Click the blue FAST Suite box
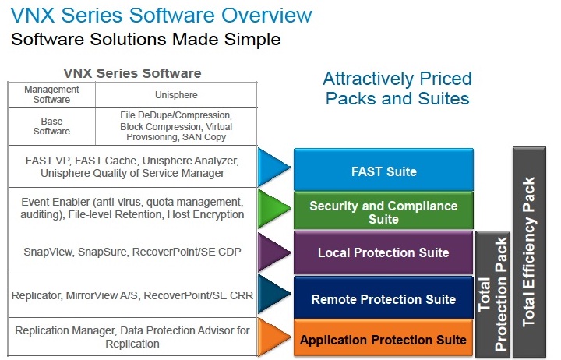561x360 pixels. [383, 169]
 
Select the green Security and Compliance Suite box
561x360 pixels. [383, 210]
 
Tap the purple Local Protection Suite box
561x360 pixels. [383, 252]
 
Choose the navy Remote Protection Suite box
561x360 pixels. [383, 298]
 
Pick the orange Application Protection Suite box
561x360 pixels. [383, 338]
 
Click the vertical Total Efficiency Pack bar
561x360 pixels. [530, 252]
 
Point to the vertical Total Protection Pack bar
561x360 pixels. [492, 294]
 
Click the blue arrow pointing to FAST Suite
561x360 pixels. [273, 167]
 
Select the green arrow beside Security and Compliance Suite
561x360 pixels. [273, 208]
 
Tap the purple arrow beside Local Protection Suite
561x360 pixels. [273, 252]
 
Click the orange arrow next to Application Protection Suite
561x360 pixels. [273, 337]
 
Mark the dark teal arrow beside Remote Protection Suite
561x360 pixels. [273, 294]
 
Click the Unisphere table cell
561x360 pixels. [176, 95]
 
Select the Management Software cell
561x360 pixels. [51, 95]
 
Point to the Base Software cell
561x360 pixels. [51, 126]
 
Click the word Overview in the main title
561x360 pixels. [266, 16]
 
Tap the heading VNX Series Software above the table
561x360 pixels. [132, 73]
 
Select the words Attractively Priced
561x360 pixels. [397, 79]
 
